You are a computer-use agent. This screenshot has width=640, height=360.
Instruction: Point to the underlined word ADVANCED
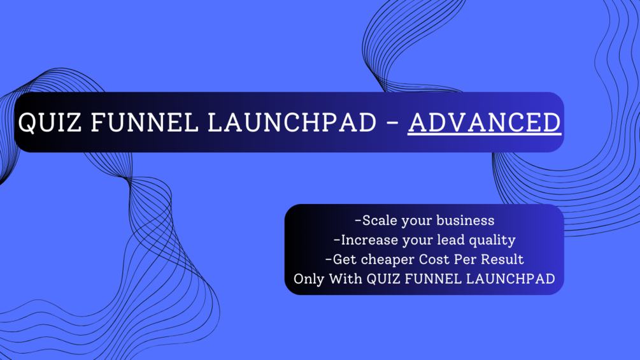coord(484,122)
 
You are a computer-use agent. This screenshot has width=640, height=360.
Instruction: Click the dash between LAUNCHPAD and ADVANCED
coord(392,123)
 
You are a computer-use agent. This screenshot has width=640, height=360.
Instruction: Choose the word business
coord(466,221)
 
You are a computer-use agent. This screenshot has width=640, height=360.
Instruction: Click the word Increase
coord(367,240)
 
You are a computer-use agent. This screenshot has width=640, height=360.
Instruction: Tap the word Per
coord(467,259)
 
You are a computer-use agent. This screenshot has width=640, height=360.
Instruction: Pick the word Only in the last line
coord(308,279)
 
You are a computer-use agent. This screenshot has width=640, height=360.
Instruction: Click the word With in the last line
coord(346,278)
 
